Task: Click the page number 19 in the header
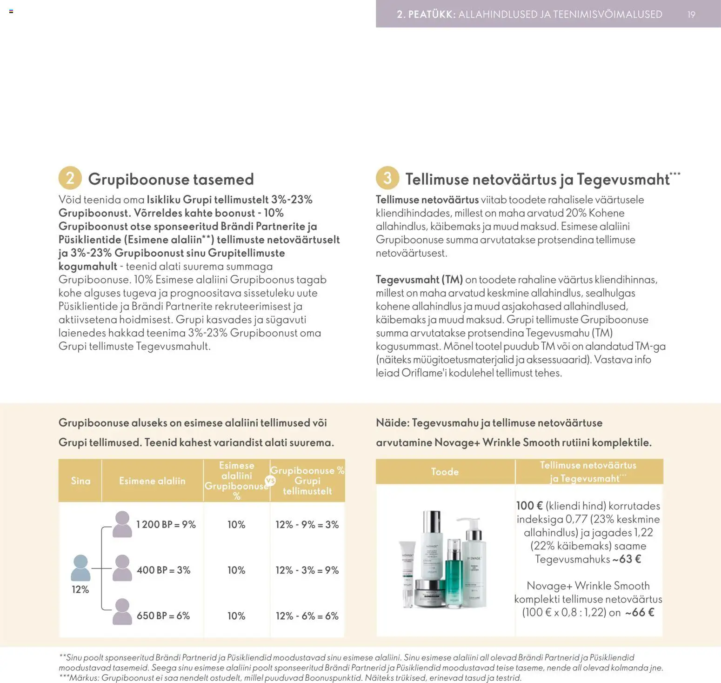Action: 691,14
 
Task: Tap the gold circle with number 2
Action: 70,178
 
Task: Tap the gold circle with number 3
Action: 387,178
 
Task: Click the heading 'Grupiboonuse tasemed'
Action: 171,179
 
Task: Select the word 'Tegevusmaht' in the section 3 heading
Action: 623,179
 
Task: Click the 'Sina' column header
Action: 80,481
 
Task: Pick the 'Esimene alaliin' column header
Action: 152,481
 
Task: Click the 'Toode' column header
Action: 445,472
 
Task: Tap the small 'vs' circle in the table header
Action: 270,481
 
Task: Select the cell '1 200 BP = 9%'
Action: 166,524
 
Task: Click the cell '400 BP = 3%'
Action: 163,570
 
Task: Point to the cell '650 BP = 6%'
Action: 163,616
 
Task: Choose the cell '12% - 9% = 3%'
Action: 307,524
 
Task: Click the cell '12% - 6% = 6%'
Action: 307,616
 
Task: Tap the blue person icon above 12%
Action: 80,568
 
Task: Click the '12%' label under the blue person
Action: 80,589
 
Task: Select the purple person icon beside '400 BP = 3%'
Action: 122,568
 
